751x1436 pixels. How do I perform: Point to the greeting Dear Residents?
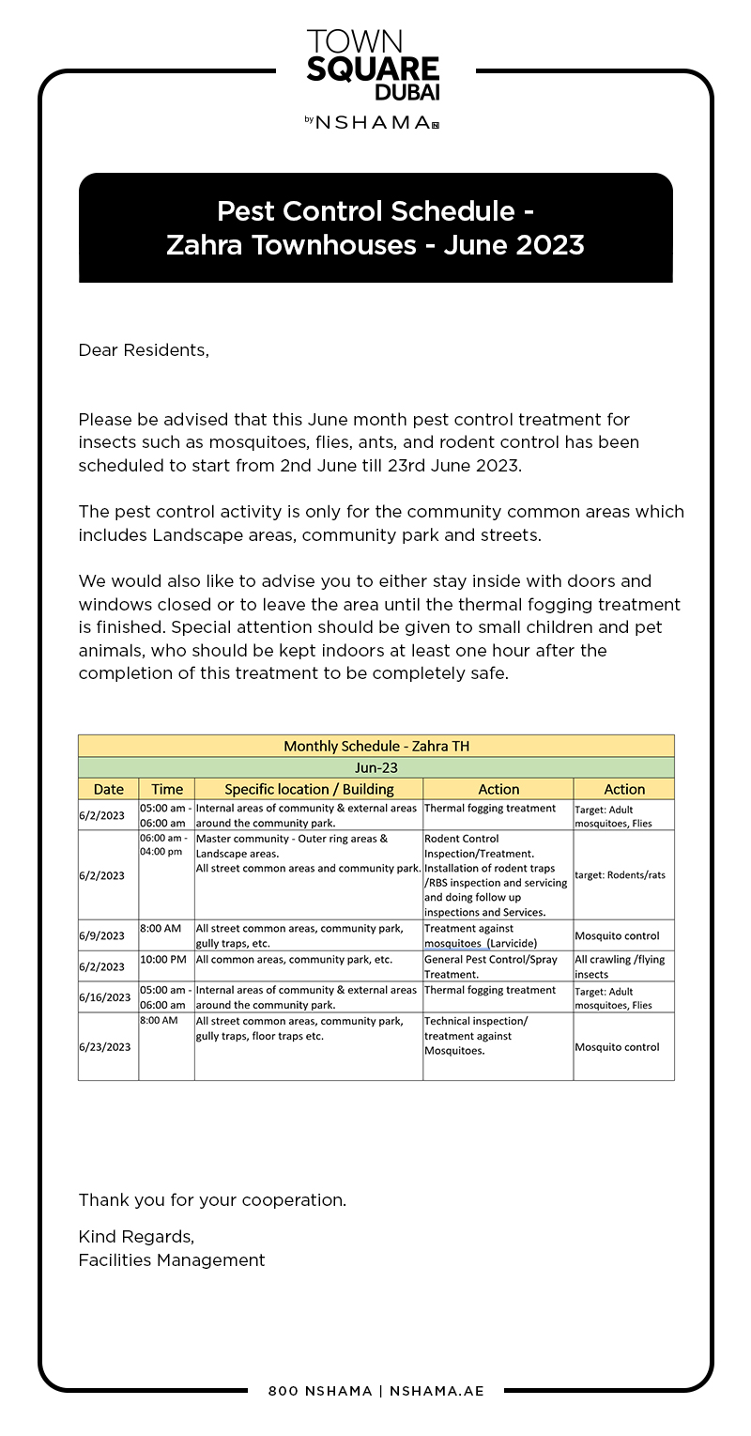[144, 350]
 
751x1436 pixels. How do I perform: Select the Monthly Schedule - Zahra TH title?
[375, 746]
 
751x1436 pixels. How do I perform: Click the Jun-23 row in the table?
[375, 767]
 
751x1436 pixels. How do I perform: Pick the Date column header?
[108, 789]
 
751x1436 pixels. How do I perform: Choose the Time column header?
[167, 789]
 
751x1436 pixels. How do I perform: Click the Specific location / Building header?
[309, 789]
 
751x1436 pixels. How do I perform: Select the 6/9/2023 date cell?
[101, 935]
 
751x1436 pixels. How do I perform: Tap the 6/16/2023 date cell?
[104, 996]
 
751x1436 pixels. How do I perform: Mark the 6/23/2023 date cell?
[104, 1046]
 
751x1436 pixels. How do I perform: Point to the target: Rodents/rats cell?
[620, 874]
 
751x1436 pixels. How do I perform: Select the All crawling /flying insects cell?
[620, 966]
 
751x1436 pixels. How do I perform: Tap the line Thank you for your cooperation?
[212, 1200]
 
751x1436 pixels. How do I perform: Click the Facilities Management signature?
[172, 1260]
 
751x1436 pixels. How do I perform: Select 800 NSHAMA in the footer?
[320, 1391]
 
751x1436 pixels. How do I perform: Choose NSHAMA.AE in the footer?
[437, 1391]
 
